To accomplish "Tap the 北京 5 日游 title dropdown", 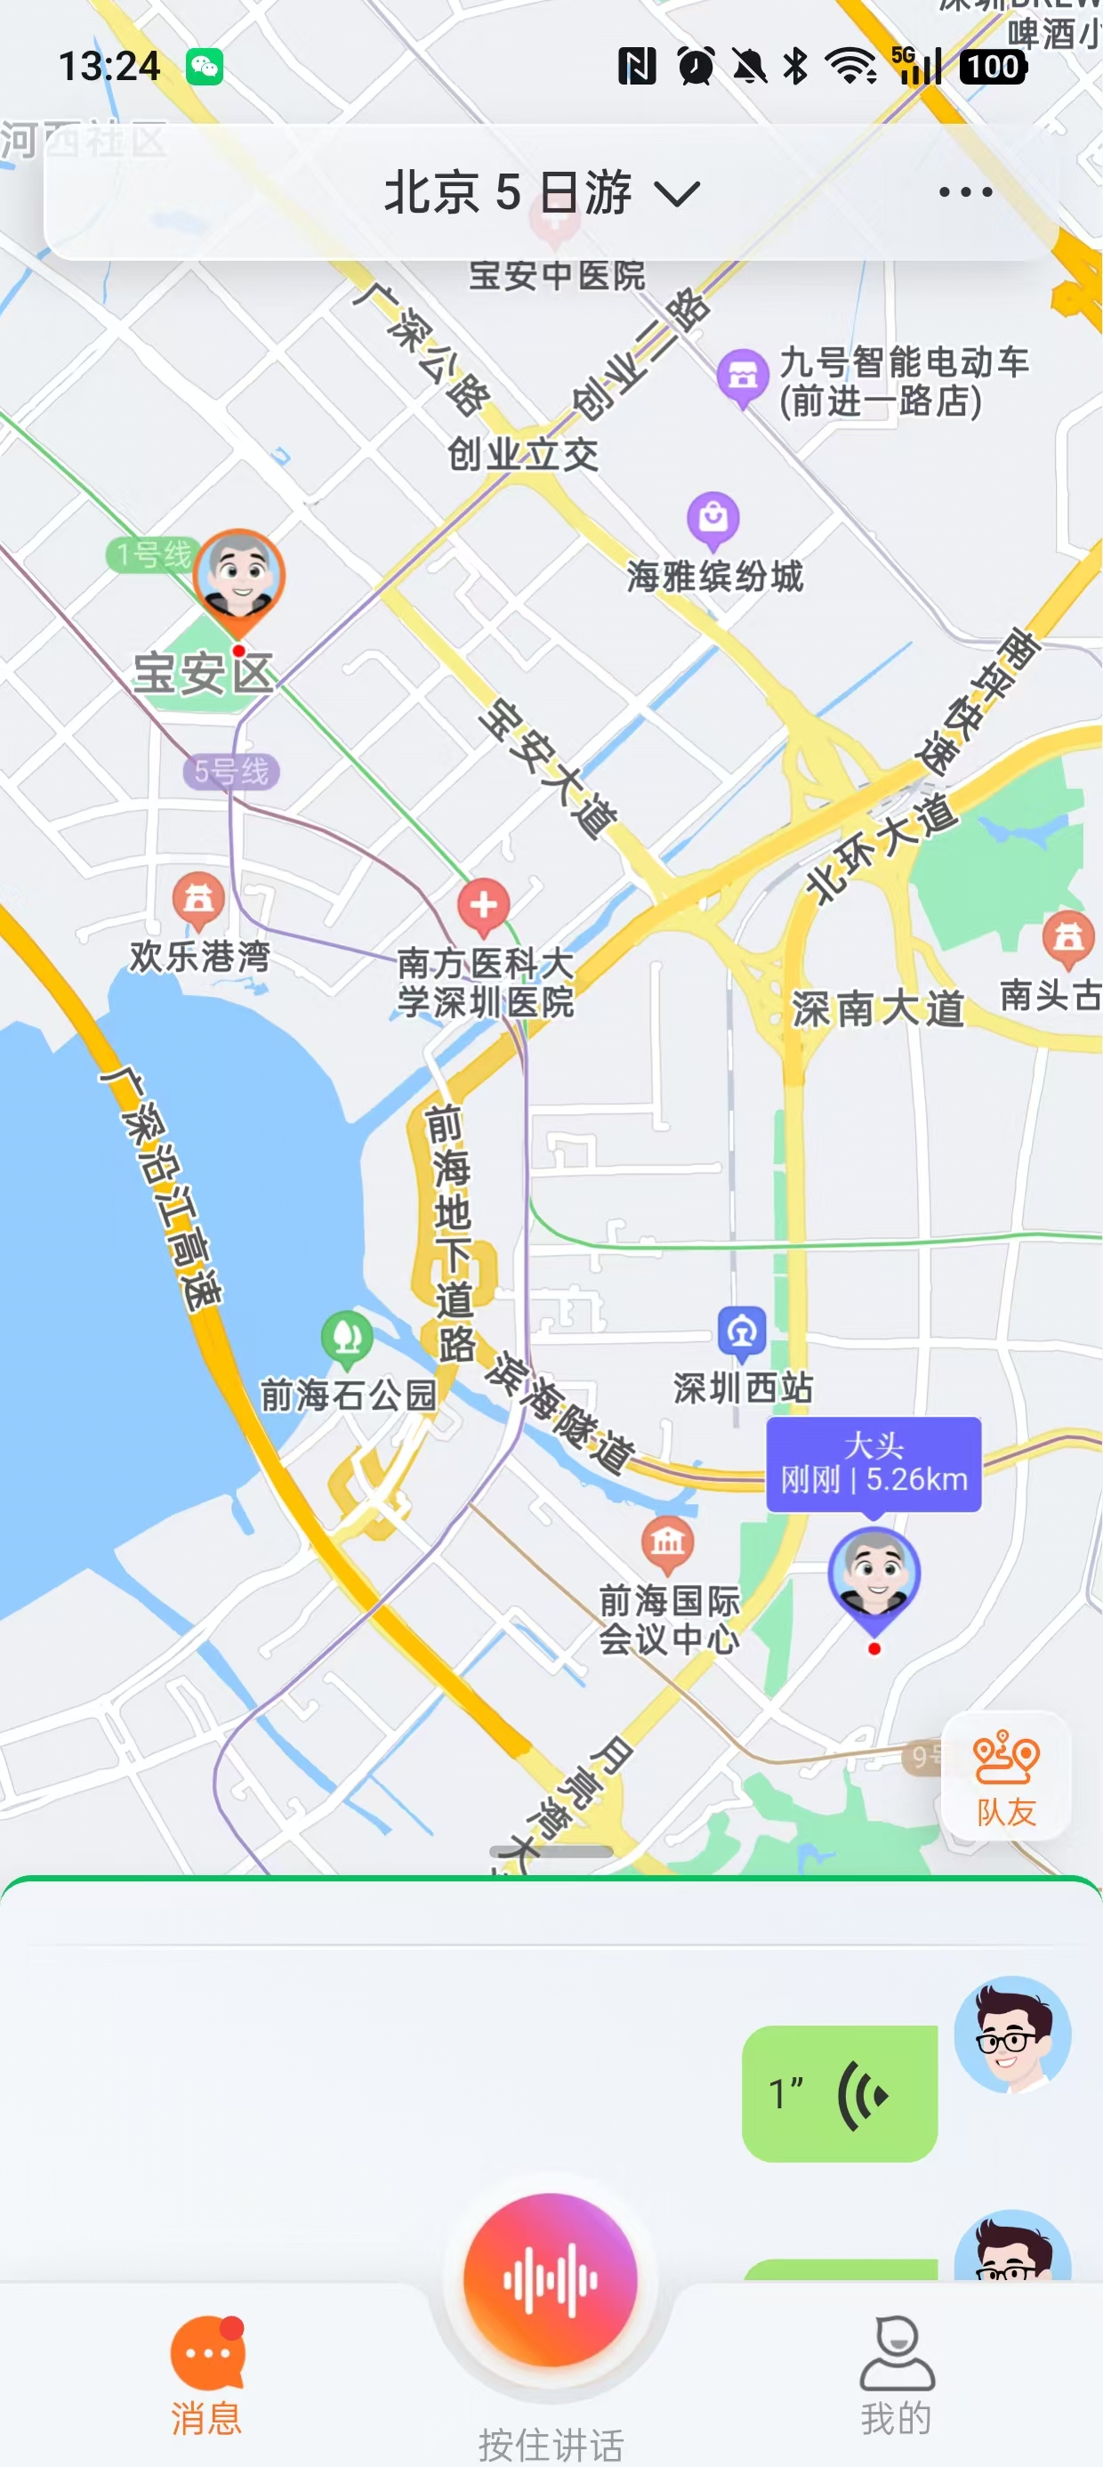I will tap(542, 192).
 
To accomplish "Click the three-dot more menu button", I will tap(965, 192).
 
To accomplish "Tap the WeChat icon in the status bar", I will tap(205, 67).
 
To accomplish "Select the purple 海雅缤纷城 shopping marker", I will tap(713, 518).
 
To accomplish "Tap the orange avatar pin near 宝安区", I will tap(238, 578).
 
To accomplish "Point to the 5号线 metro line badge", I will tap(231, 771).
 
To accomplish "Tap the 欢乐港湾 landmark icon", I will tap(198, 899).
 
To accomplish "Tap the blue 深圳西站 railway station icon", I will tap(742, 1331).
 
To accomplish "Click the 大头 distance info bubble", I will tap(874, 1463).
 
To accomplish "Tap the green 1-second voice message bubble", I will tap(839, 2093).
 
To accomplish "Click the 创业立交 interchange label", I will tap(523, 454).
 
